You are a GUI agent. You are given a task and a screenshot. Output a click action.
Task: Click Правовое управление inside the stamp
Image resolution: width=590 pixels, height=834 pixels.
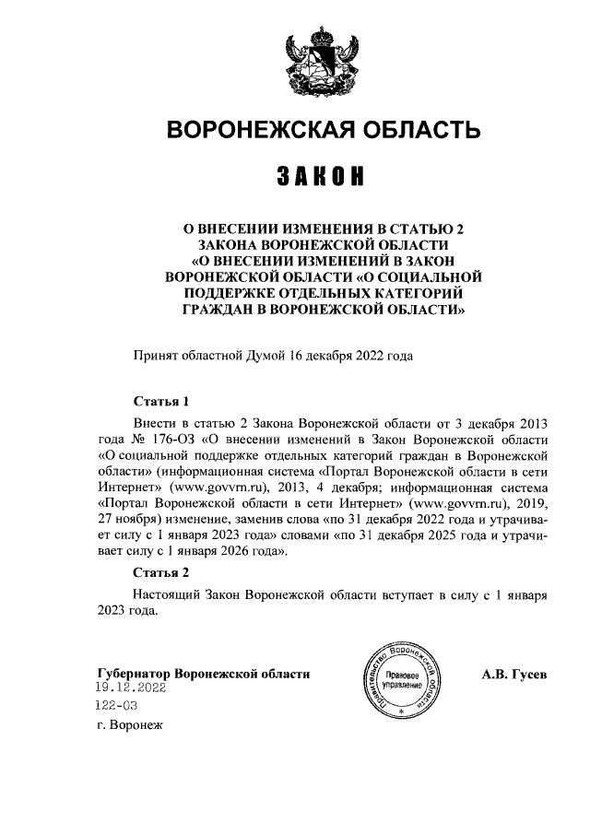click(x=400, y=681)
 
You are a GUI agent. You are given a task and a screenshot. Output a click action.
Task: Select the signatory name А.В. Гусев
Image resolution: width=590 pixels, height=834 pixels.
click(x=513, y=674)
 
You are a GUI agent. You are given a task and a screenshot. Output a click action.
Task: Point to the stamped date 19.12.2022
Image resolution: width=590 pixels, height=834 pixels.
click(x=130, y=688)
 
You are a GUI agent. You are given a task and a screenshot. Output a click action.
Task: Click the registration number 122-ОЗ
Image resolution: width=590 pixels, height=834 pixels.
click(x=116, y=706)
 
